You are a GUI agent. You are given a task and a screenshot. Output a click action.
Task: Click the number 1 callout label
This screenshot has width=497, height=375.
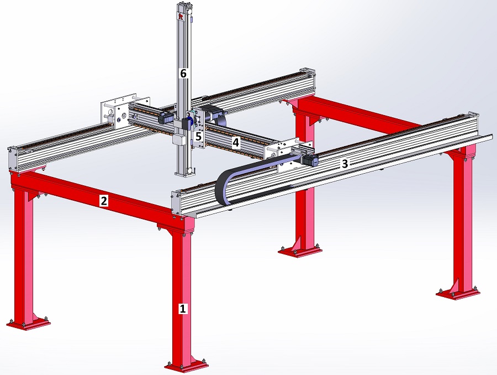(182, 309)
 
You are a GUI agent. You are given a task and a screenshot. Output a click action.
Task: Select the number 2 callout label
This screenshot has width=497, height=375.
(104, 201)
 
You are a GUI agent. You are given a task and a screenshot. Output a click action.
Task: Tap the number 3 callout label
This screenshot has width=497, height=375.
(345, 164)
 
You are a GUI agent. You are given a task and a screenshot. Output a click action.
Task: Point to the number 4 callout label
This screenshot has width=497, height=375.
(235, 143)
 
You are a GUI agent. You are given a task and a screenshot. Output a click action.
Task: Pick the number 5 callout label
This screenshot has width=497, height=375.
(198, 137)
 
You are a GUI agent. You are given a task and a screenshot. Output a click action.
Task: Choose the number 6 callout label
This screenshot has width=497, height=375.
(183, 74)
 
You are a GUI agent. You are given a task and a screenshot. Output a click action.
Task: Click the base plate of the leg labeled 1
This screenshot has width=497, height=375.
(187, 366)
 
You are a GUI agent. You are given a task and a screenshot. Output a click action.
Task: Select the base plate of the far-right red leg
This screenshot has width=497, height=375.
(458, 294)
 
